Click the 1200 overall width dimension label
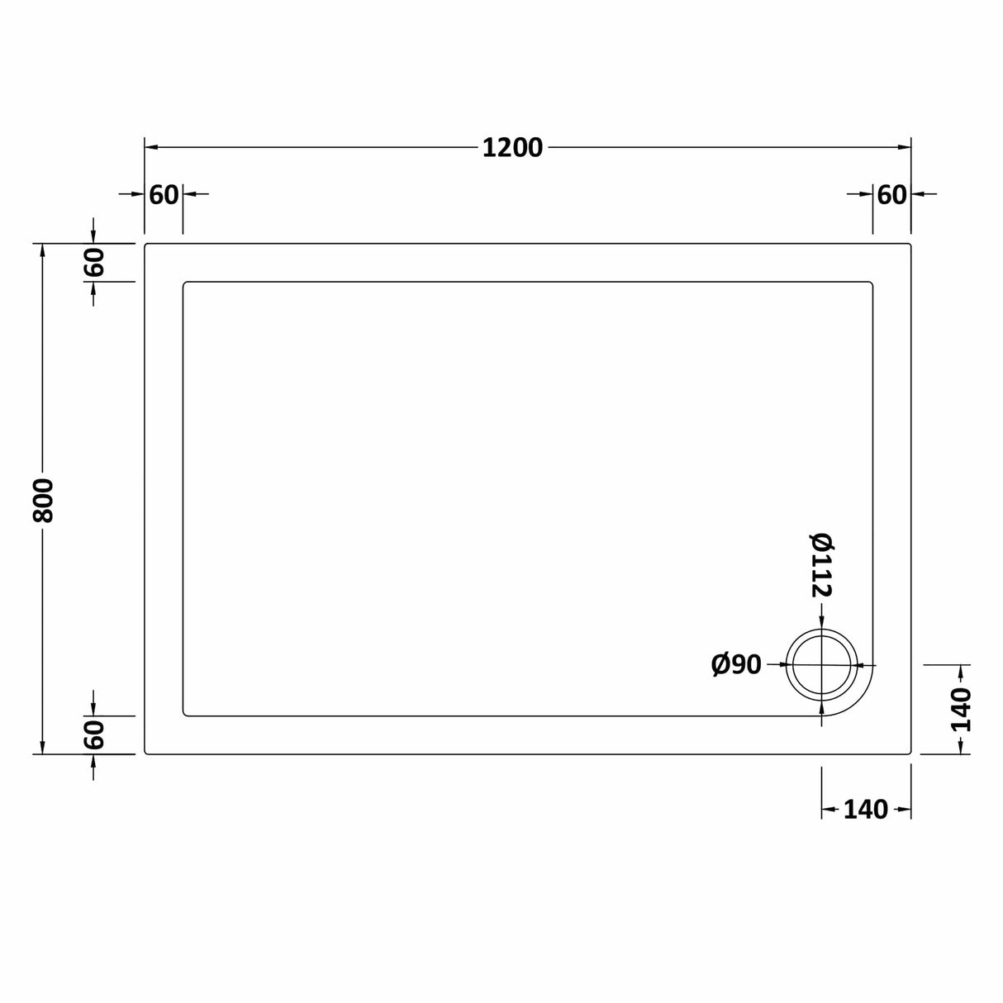[512, 148]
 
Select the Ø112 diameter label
[822, 565]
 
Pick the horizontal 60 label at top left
[164, 195]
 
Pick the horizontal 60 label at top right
[891, 195]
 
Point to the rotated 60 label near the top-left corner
[94, 263]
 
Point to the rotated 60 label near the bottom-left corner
[94, 734]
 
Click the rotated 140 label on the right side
[961, 709]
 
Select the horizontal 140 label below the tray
[865, 810]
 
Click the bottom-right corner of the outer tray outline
[910, 753]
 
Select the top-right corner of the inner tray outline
[871, 283]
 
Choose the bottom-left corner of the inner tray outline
[184, 715]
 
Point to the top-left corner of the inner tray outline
[184, 283]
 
